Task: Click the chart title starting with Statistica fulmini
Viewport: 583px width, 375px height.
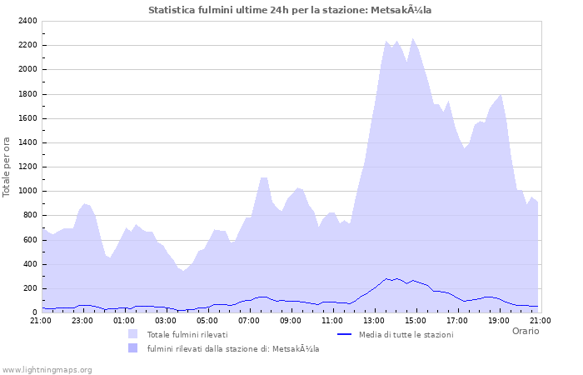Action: [x=290, y=10]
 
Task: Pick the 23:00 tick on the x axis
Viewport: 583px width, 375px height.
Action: [x=82, y=320]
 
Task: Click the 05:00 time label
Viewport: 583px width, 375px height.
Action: [x=207, y=320]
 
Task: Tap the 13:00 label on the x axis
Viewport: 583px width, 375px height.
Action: [x=373, y=320]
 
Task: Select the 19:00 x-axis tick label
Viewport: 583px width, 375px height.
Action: [x=498, y=320]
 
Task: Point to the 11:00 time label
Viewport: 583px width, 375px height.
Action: [x=331, y=320]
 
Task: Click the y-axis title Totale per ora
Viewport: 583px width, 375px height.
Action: [x=7, y=166]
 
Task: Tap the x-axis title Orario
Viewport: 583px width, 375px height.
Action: [x=526, y=331]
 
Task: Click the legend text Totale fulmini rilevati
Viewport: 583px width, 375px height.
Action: [x=187, y=334]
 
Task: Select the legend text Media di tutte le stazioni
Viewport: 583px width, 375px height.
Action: [x=406, y=334]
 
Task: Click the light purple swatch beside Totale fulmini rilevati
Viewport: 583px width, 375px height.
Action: [x=132, y=334]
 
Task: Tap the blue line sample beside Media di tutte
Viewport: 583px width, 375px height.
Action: [x=344, y=334]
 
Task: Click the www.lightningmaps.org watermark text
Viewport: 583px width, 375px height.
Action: [x=47, y=369]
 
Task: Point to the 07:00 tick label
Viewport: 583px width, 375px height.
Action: [x=248, y=320]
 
